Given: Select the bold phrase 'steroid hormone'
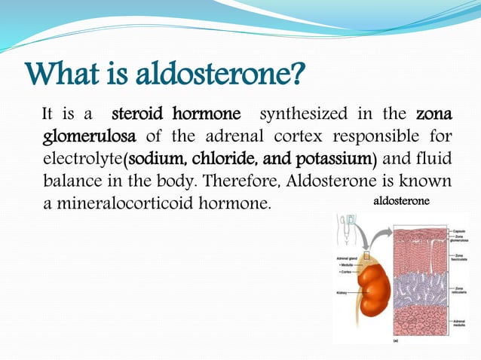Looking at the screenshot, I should point(176,115).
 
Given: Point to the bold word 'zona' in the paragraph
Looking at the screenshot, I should point(434,115).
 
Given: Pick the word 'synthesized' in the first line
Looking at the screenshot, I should point(303,115).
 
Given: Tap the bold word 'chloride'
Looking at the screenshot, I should point(223,159).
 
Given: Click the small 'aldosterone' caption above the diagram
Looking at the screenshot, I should point(402,202).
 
